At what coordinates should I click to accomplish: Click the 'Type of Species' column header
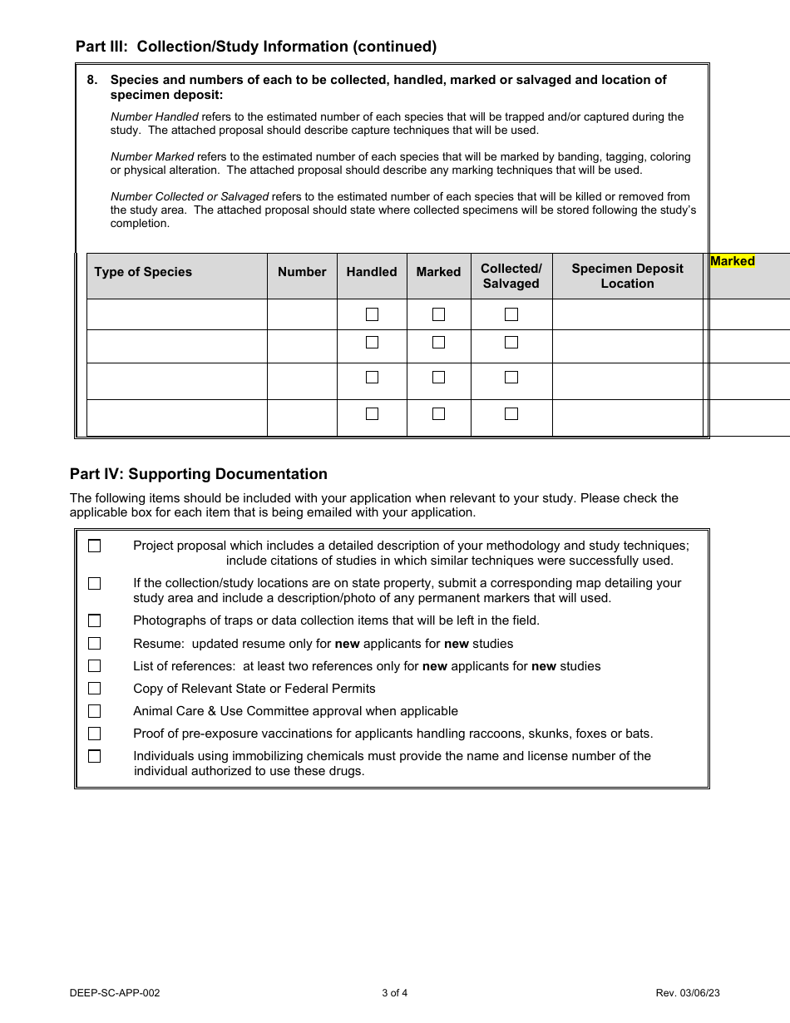[x=143, y=272]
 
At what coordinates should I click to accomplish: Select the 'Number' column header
[x=302, y=272]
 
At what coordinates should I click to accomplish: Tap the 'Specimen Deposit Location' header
[x=627, y=276]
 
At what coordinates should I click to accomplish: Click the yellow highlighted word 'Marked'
[x=733, y=261]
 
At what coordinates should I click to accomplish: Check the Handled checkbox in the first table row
[x=372, y=314]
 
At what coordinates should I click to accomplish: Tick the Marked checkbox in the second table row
[x=438, y=343]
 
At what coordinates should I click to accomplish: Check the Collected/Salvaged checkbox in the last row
[x=511, y=414]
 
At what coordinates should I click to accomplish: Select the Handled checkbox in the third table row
[x=372, y=378]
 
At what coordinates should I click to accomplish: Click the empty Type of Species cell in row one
[x=177, y=314]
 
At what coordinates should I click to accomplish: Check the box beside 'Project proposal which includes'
[x=95, y=546]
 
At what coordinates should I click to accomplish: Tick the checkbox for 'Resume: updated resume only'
[x=95, y=644]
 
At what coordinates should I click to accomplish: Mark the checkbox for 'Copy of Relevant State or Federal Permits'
[x=95, y=689]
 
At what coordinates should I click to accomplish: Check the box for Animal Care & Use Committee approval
[x=95, y=711]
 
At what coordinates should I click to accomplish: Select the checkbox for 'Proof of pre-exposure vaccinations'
[x=95, y=734]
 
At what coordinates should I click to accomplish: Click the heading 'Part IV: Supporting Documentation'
[x=199, y=474]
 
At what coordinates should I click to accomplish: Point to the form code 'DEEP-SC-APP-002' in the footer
[x=115, y=993]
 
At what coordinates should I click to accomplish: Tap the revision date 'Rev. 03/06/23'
[x=681, y=993]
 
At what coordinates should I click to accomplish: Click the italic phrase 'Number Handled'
[x=155, y=117]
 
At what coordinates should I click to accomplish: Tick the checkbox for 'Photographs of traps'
[x=95, y=621]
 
